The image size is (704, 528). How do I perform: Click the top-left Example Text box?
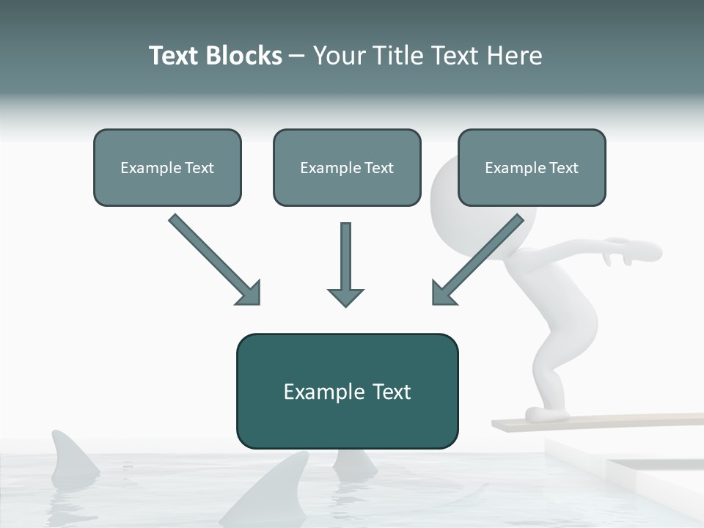point(167,167)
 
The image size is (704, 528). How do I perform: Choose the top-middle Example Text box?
point(347,167)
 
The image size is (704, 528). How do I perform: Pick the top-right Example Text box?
point(532,167)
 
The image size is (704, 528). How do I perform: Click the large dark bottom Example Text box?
point(347,391)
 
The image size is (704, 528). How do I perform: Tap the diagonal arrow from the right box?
point(477,260)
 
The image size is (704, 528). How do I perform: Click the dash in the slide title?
point(297,56)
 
